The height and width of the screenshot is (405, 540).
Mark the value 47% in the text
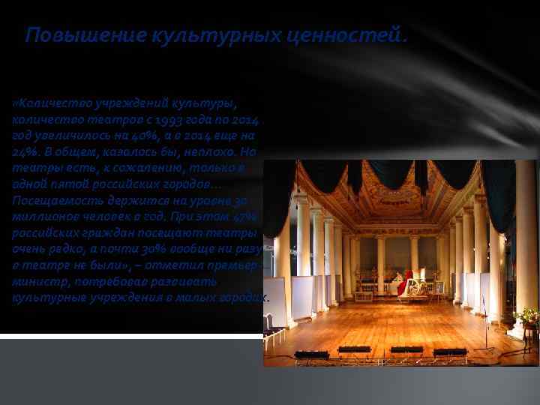(x=244, y=216)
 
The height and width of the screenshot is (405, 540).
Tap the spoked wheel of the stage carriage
(x=415, y=287)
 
